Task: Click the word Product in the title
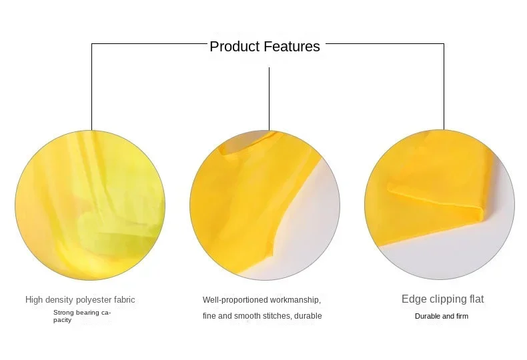235,47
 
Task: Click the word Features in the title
292,47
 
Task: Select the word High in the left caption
34,299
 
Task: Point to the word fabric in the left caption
124,299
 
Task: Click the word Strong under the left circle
63,313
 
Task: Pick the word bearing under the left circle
87,313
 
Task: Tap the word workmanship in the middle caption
295,300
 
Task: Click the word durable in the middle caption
308,316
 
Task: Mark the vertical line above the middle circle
270,99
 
